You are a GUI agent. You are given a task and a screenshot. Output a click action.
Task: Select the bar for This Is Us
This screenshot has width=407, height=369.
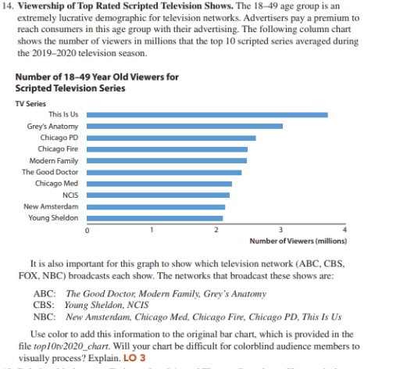tap(206, 114)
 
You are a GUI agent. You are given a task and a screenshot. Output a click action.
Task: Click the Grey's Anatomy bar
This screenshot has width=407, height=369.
tap(184, 126)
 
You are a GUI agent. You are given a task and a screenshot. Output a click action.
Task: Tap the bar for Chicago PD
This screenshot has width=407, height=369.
tap(170, 138)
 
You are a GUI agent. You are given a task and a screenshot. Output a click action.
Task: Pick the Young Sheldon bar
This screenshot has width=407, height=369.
tap(154, 218)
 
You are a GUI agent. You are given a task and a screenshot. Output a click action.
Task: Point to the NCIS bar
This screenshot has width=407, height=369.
tap(158, 195)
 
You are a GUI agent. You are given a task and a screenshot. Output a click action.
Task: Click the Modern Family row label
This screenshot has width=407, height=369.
tap(55, 160)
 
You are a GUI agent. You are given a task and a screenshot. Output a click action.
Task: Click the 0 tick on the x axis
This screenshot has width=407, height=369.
tap(87, 229)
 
